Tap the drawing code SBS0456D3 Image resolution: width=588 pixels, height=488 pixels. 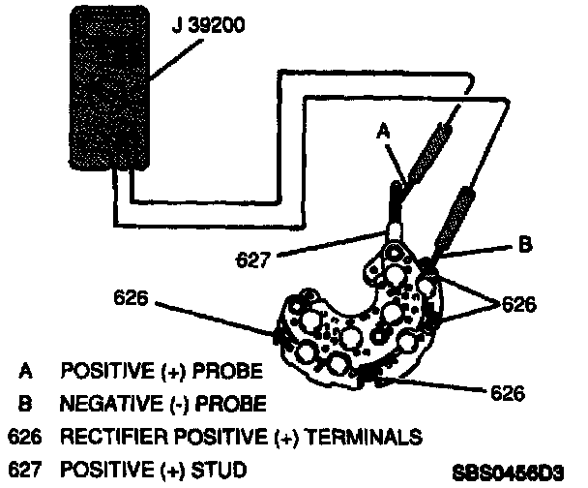pyautogui.click(x=507, y=473)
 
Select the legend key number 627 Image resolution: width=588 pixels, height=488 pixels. pyautogui.click(x=22, y=471)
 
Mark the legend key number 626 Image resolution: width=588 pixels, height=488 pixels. pyautogui.click(x=22, y=437)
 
